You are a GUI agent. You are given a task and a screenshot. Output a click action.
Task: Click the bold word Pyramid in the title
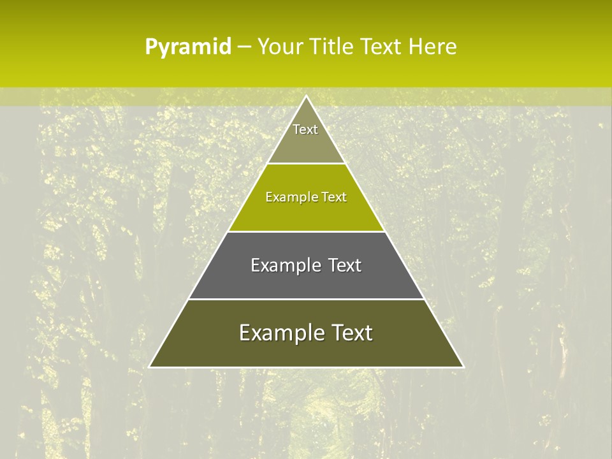pyautogui.click(x=188, y=47)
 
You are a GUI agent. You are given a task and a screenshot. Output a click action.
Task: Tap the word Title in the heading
pyautogui.click(x=331, y=47)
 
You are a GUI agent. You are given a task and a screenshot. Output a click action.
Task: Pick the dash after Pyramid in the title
pyautogui.click(x=244, y=47)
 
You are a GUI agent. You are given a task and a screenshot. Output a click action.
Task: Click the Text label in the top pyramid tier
pyautogui.click(x=305, y=129)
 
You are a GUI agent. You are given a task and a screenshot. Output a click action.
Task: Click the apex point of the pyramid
pyautogui.click(x=306, y=96)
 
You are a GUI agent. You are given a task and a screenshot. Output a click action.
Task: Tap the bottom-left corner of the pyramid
pyautogui.click(x=150, y=367)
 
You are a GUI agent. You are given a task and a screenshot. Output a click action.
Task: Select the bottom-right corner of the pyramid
pyautogui.click(x=463, y=367)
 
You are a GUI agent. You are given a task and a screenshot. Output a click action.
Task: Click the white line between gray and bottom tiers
pyautogui.click(x=306, y=299)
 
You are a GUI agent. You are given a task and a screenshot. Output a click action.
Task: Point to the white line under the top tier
pyautogui.click(x=306, y=163)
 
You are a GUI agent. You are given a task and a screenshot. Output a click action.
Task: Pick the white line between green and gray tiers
pyautogui.click(x=306, y=231)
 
